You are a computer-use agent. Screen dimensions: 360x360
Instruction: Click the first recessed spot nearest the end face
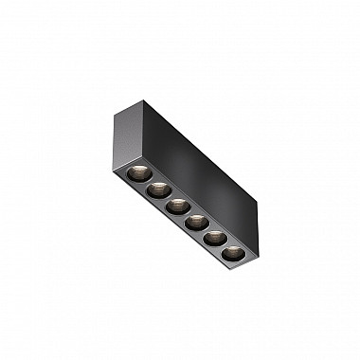(136, 172)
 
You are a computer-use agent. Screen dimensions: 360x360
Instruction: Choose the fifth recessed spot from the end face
(215, 239)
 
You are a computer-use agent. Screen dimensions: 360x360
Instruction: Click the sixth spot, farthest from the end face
(233, 254)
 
